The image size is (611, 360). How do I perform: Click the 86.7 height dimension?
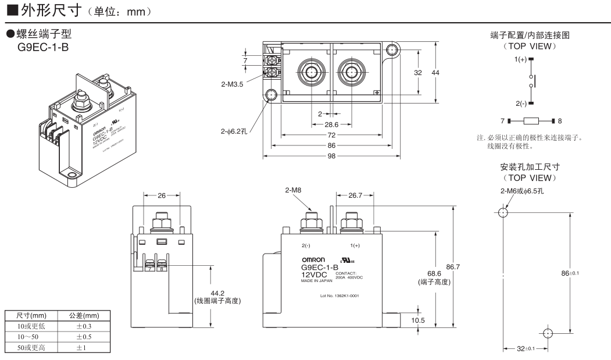[x=453, y=267]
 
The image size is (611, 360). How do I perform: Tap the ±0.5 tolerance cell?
[x=84, y=336]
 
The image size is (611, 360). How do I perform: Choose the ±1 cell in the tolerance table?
[x=84, y=347]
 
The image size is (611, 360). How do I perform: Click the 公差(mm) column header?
[x=84, y=316]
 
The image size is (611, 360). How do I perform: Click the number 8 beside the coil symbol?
[x=560, y=122]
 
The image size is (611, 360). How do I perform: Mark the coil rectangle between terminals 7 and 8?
[x=534, y=122]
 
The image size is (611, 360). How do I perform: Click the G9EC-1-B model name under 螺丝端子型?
[x=44, y=46]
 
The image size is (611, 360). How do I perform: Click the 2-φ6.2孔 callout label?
[x=234, y=132]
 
